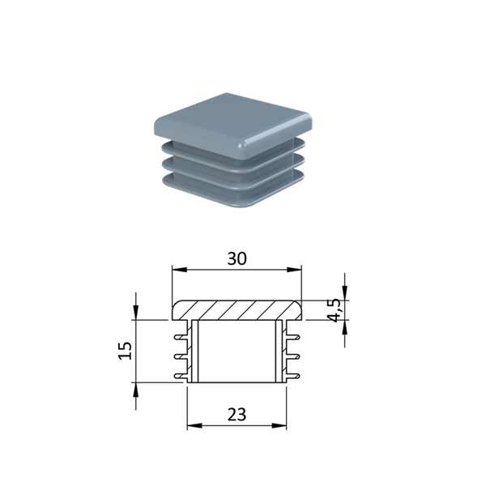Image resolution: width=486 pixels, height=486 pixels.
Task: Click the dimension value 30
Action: tap(237, 258)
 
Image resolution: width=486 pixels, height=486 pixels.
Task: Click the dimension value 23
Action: tap(237, 415)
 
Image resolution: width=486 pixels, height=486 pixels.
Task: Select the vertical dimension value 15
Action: tap(126, 351)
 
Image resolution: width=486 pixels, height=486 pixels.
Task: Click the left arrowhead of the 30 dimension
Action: tap(180, 270)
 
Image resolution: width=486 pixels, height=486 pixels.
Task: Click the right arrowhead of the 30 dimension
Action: tap(294, 270)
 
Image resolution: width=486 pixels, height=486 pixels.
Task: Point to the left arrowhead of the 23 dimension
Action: tap(194, 426)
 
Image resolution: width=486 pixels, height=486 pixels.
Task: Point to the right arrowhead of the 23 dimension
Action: tap(279, 426)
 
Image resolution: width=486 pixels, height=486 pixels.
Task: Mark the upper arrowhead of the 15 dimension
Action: tap(136, 313)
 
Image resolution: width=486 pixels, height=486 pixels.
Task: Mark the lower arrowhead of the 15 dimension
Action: tap(136, 390)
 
